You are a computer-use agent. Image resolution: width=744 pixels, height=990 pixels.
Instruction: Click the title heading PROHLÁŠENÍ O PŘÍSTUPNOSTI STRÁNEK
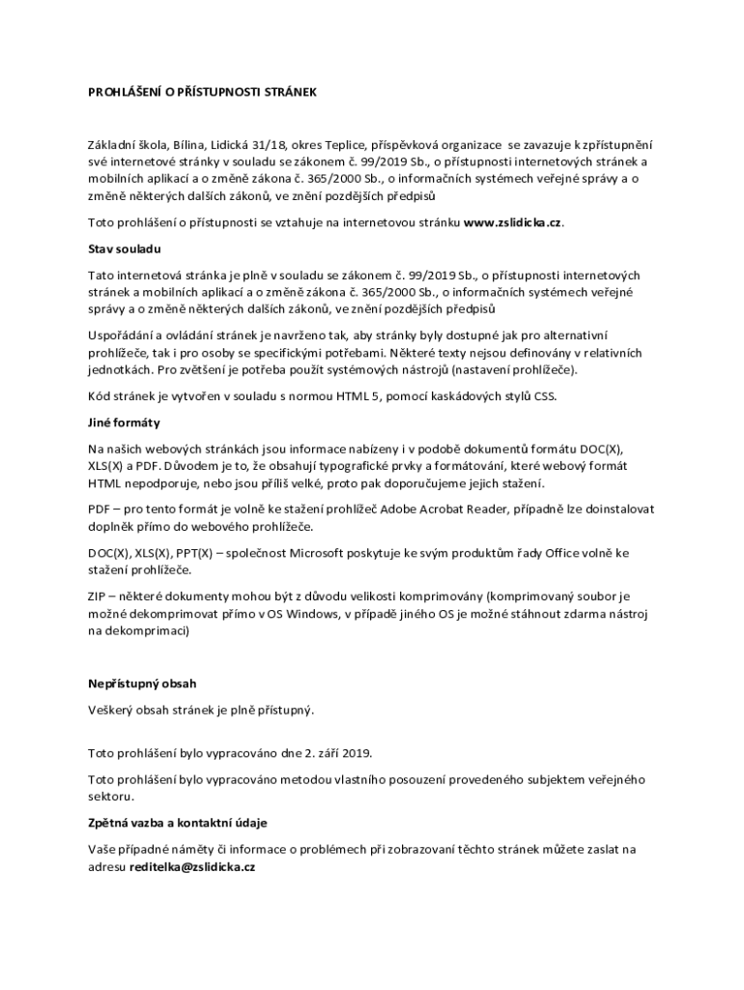pyautogui.click(x=202, y=93)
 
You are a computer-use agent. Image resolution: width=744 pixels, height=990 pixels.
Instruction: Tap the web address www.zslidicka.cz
pyautogui.click(x=512, y=223)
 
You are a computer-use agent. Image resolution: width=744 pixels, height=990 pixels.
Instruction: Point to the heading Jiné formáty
pyautogui.click(x=124, y=422)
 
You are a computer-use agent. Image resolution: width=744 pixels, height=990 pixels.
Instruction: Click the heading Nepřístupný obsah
pyautogui.click(x=141, y=684)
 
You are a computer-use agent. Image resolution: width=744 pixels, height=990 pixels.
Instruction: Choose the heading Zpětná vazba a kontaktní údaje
pyautogui.click(x=177, y=823)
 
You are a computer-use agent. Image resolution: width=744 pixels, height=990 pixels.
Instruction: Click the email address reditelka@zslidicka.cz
pyautogui.click(x=192, y=867)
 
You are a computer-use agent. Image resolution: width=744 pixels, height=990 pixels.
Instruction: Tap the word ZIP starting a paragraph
pyautogui.click(x=98, y=597)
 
